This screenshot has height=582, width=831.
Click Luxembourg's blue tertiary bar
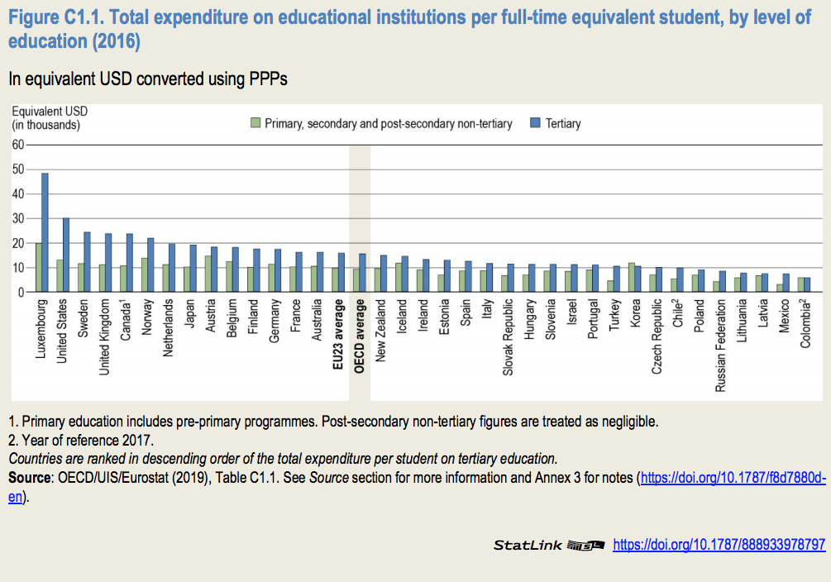[x=45, y=232]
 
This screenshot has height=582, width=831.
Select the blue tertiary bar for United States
[x=66, y=255]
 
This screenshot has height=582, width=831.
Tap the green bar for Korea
[x=632, y=278]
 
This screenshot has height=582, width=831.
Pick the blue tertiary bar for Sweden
[x=87, y=262]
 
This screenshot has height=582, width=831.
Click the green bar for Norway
[x=144, y=275]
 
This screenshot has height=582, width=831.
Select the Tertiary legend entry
[x=562, y=124]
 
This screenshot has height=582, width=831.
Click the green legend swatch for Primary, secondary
[x=256, y=123]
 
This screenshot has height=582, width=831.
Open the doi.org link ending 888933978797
[x=719, y=546]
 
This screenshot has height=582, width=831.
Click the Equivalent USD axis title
[x=50, y=117]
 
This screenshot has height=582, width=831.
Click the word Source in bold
[x=28, y=477]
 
